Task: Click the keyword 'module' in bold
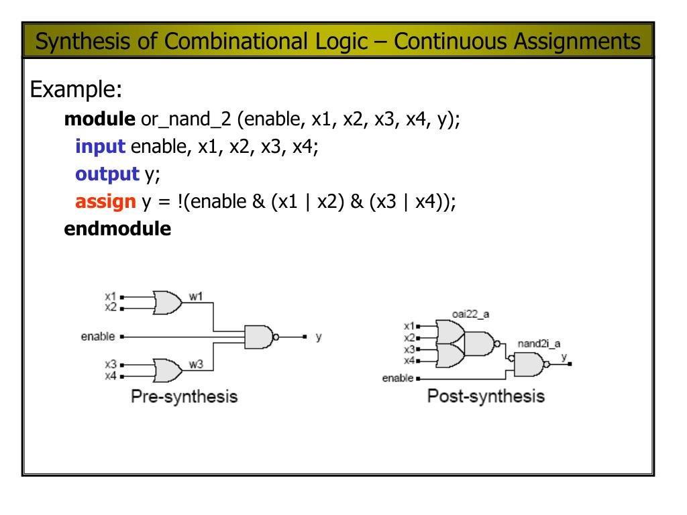[x=99, y=122]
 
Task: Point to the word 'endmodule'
[x=117, y=228]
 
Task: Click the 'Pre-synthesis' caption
[x=184, y=396]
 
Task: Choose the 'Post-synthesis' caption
[x=486, y=396]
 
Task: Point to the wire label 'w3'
[x=196, y=364]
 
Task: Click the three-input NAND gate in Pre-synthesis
[x=260, y=336]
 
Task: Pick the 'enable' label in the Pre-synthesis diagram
[x=98, y=336]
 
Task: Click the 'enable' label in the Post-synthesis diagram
[x=397, y=378]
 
